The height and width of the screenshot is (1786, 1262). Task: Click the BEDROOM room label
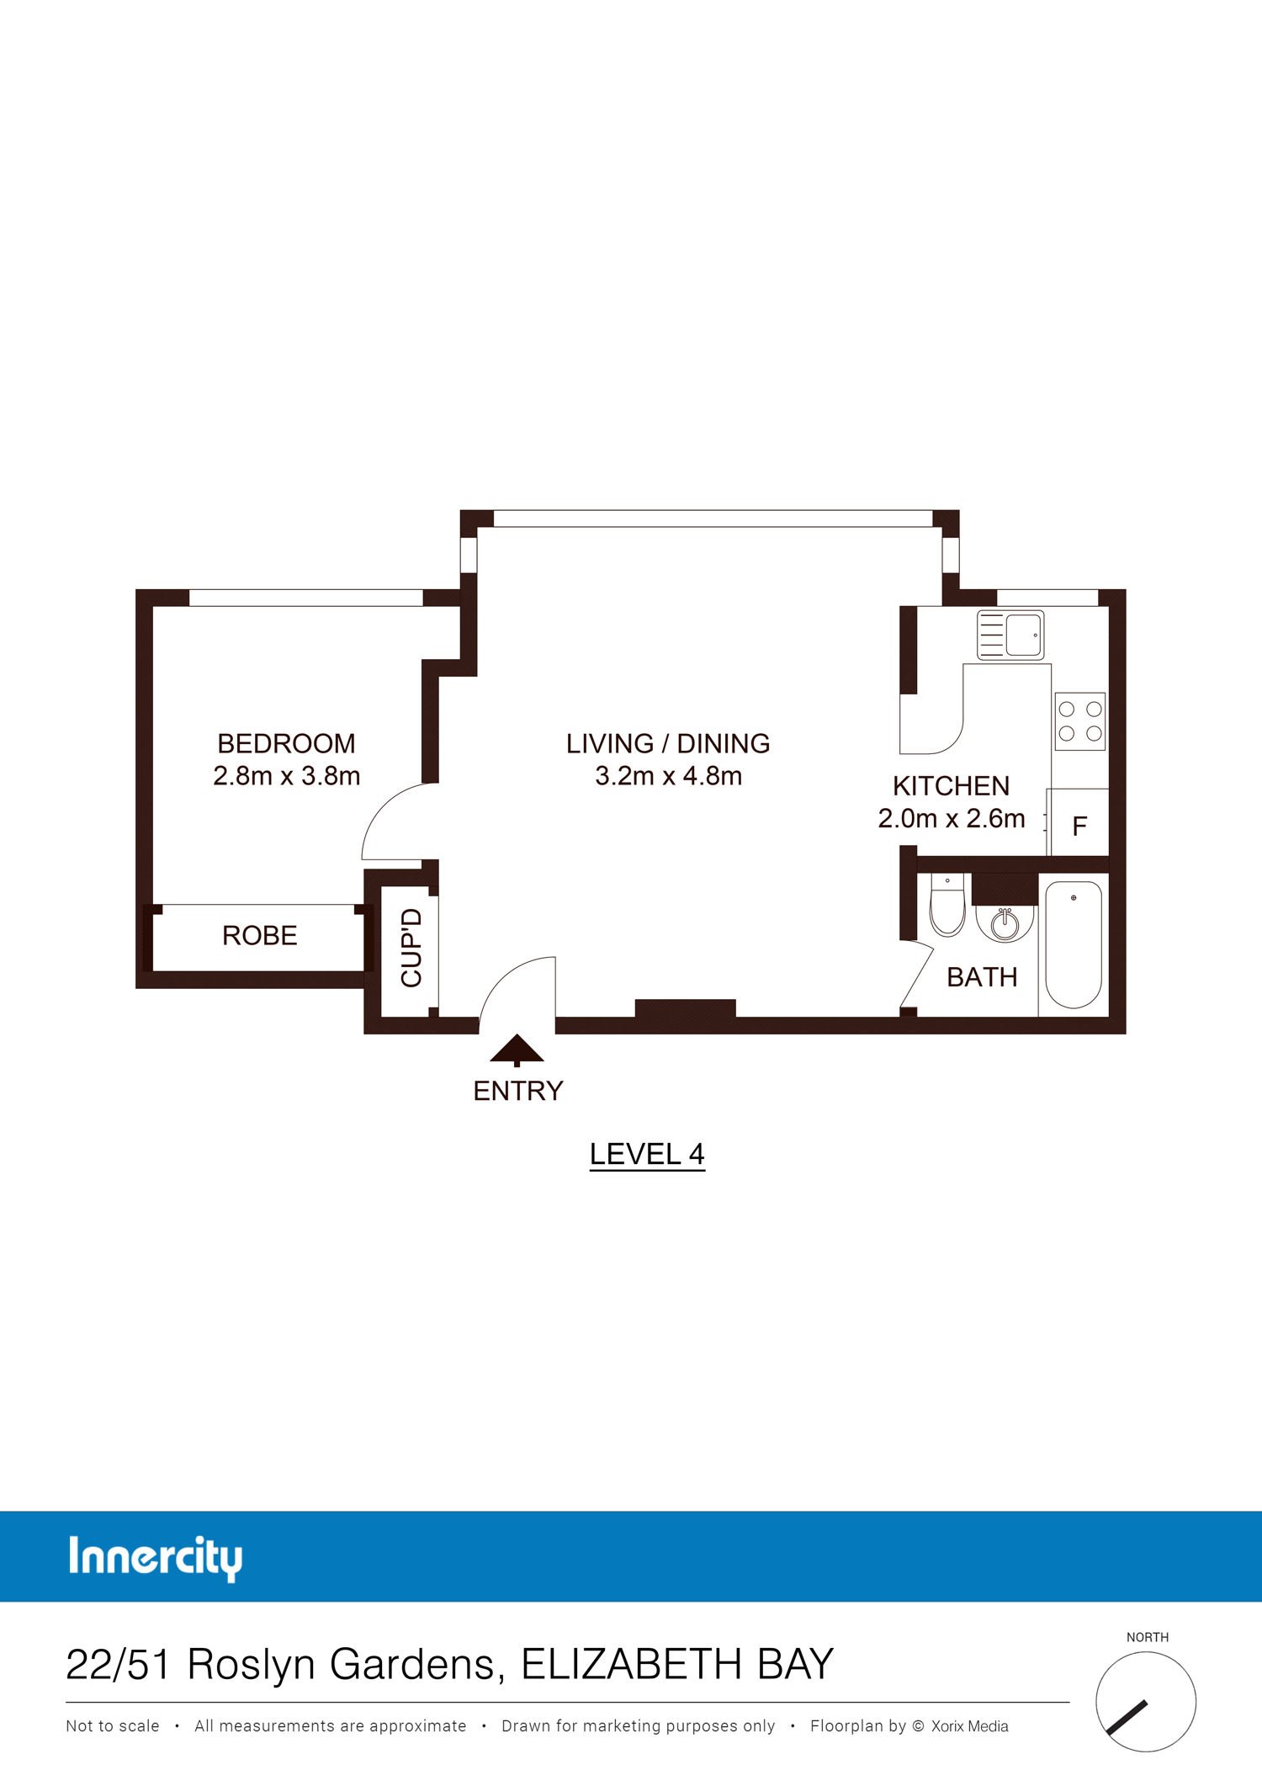click(x=286, y=743)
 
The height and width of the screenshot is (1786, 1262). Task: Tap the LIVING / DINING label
click(x=668, y=743)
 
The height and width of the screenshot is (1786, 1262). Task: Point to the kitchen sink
click(x=1010, y=635)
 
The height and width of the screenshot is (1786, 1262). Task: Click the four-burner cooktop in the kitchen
click(x=1080, y=721)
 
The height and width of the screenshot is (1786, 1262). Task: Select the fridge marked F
click(x=1078, y=822)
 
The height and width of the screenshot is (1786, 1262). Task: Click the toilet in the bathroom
click(x=947, y=906)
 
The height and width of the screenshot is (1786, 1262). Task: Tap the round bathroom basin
click(x=1005, y=923)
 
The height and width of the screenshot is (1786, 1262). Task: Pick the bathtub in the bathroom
click(x=1074, y=944)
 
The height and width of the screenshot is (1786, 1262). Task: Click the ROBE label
click(x=260, y=935)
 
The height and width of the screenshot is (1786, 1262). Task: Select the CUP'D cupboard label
click(x=411, y=948)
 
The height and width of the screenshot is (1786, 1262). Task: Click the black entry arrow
click(x=517, y=1050)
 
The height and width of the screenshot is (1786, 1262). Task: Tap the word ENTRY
click(x=518, y=1091)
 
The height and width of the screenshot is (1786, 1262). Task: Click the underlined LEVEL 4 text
click(x=647, y=1155)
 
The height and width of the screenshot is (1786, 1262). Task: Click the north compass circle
click(x=1146, y=1702)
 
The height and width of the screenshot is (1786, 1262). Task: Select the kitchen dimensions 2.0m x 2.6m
click(x=952, y=818)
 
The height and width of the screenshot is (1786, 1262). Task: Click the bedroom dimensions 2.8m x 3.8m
click(x=287, y=776)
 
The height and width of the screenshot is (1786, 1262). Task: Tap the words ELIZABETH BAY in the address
click(x=677, y=1664)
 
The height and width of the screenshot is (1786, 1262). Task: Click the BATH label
click(x=982, y=977)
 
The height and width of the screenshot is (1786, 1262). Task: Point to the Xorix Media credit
click(x=970, y=1726)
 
